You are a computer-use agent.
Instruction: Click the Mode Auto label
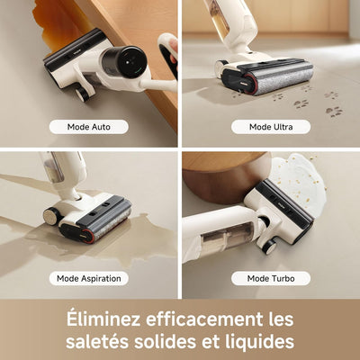(89, 127)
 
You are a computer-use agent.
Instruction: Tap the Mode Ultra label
(271, 127)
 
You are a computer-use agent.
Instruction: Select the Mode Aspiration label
(89, 278)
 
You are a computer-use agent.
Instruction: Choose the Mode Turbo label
(271, 278)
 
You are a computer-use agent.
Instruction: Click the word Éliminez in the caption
(103, 319)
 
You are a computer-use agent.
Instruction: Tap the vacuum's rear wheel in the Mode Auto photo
(82, 93)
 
